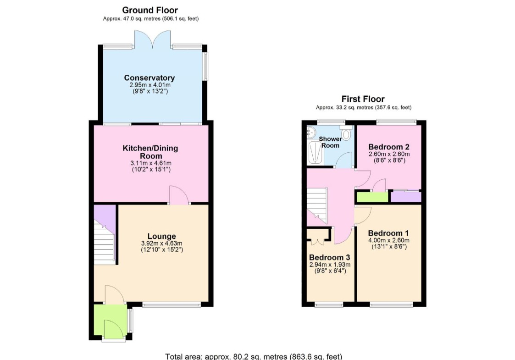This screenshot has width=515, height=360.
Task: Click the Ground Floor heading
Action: tap(150, 10)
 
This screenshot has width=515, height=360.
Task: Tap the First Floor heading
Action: tap(363, 99)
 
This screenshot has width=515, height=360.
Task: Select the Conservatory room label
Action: tap(149, 78)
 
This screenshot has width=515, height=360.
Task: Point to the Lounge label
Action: tap(161, 236)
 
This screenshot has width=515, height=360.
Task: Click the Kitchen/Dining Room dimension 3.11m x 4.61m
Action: tap(151, 163)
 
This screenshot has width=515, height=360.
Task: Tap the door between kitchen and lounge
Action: tap(179, 195)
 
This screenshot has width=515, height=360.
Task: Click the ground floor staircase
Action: tap(105, 241)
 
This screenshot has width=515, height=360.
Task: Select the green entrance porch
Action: tap(111, 320)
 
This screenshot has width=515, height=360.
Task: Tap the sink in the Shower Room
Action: tap(311, 133)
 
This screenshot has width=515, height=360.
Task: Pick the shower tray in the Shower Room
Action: tap(315, 153)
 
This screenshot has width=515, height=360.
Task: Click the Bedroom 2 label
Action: tap(389, 147)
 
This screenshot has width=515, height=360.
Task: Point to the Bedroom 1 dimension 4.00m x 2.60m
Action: tap(389, 240)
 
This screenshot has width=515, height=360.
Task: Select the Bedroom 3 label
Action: tap(329, 257)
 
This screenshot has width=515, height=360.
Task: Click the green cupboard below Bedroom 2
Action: tap(372, 197)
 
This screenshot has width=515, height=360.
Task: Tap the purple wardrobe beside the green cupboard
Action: tap(406, 197)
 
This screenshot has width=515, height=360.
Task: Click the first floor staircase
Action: tap(317, 205)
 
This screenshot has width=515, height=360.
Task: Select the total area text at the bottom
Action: tap(254, 356)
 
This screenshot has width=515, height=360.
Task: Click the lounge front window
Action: tap(172, 305)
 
